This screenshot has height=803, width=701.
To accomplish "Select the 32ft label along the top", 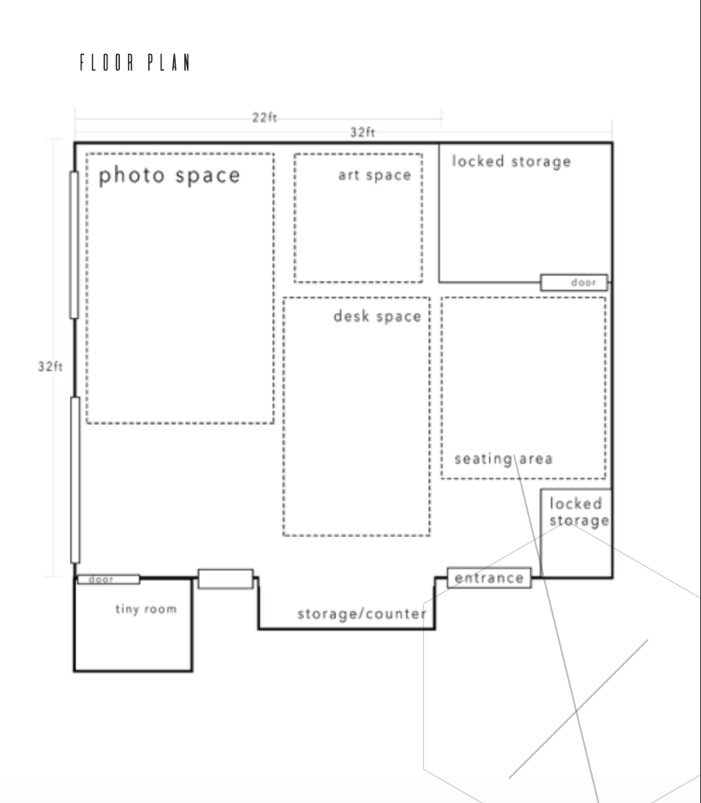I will click(362, 132).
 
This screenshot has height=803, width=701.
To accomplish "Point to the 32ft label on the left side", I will click(50, 367).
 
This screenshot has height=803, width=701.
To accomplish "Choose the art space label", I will click(374, 175).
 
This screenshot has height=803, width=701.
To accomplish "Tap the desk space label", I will click(377, 316).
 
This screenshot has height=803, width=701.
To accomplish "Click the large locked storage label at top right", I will click(511, 161).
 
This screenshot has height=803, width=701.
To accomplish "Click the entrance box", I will click(489, 578).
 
